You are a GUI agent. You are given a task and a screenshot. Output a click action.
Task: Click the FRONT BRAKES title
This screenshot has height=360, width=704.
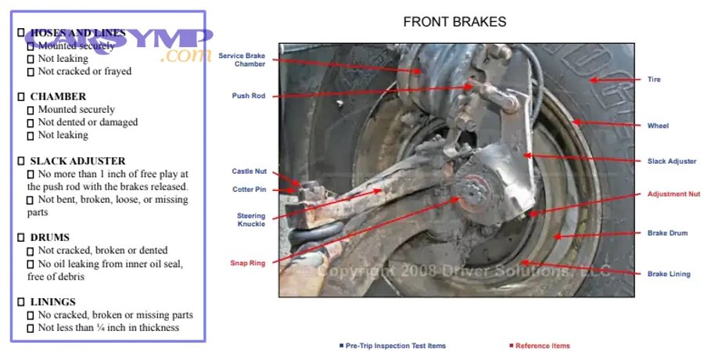[x=454, y=22]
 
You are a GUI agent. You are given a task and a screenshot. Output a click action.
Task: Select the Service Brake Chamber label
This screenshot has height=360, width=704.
[x=242, y=59]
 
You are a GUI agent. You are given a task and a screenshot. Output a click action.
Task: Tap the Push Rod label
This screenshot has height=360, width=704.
[x=249, y=96]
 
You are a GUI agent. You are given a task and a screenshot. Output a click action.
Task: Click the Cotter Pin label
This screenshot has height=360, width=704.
[x=249, y=189]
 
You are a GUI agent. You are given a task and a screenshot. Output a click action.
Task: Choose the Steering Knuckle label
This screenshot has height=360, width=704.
[x=251, y=220]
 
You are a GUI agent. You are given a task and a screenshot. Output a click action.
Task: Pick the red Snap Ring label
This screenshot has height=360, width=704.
[x=247, y=263]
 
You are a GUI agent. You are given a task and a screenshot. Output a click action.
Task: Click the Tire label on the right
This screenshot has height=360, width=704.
[x=653, y=80]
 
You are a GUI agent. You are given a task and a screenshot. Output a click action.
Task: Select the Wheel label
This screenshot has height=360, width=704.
[x=658, y=125]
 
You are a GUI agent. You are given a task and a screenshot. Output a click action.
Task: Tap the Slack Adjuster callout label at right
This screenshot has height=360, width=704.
[x=671, y=161]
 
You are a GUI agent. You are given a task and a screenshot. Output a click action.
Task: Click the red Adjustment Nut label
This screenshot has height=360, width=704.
[x=673, y=194]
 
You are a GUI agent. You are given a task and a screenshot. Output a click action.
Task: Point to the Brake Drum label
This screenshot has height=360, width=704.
[x=667, y=233]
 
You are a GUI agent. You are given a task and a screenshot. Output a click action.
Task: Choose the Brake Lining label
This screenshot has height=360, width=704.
[x=669, y=274]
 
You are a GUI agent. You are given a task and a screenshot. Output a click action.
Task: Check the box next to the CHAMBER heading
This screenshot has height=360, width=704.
[x=21, y=97]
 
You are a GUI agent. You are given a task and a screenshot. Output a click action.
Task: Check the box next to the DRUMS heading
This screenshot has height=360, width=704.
[x=21, y=238]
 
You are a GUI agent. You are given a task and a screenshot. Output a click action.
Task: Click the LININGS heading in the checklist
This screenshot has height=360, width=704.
[x=52, y=302]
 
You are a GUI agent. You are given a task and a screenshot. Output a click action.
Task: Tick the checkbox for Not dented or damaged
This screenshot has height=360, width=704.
[x=31, y=123]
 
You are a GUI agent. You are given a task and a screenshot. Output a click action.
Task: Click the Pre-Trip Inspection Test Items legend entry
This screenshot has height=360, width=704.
[x=395, y=345]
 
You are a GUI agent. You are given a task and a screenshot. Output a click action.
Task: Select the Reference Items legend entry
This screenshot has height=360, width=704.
[x=542, y=345]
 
